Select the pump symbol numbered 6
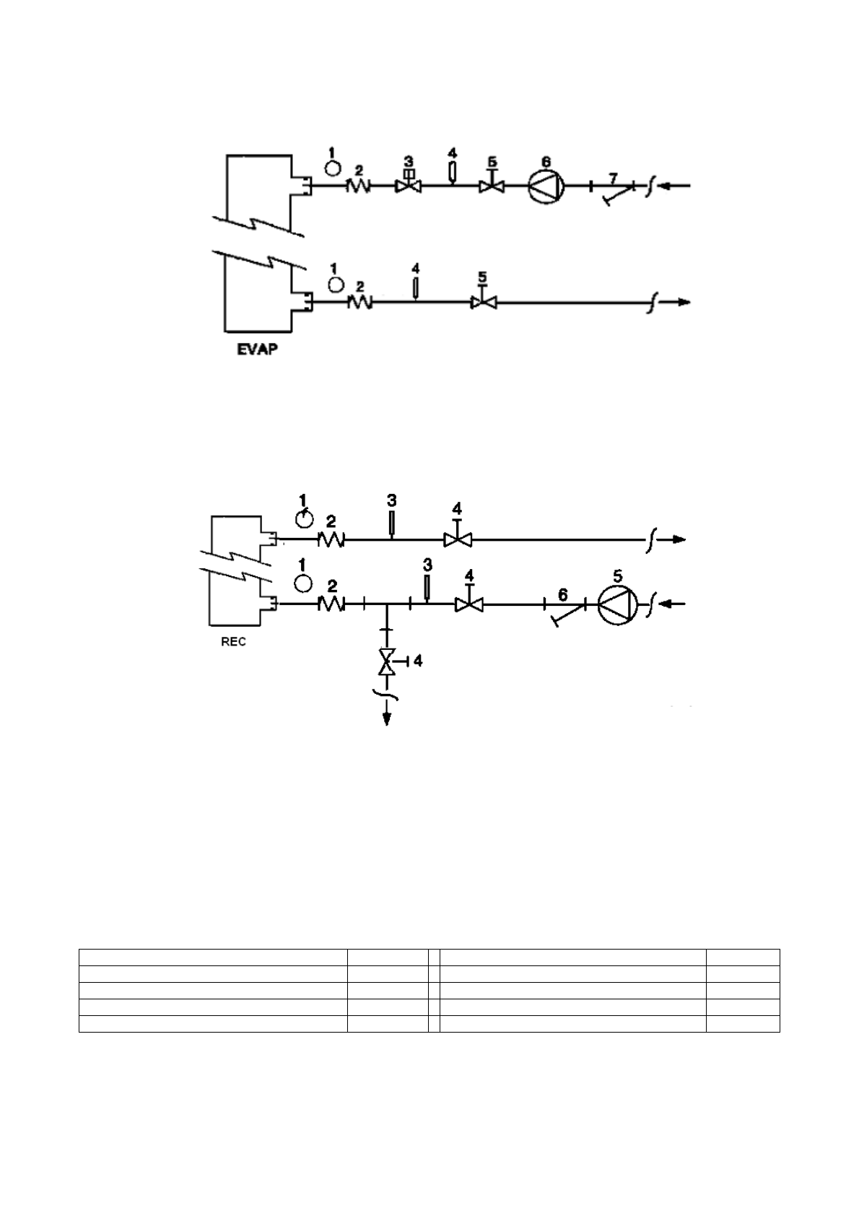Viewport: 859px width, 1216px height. click(x=545, y=186)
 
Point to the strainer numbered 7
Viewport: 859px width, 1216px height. click(x=613, y=191)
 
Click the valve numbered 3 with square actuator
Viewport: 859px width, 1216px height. click(x=408, y=186)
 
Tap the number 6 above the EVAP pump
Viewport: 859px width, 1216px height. click(x=546, y=160)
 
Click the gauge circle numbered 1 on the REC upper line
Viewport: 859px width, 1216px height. click(x=305, y=519)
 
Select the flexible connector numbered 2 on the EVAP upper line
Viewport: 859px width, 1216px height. click(x=359, y=186)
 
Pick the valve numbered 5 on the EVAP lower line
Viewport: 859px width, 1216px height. click(x=482, y=303)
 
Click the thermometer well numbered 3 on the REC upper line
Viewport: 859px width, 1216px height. click(x=391, y=524)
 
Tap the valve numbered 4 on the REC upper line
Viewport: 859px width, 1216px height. click(x=456, y=539)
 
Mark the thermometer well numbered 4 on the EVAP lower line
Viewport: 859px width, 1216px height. click(x=415, y=288)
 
